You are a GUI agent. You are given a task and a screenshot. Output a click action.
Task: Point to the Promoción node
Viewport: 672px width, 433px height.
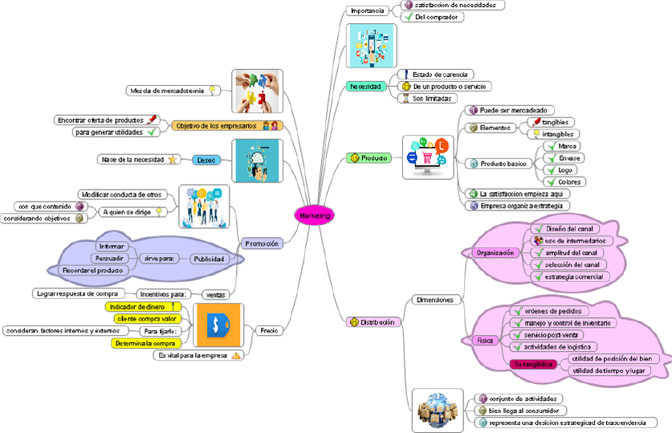[x=262, y=243]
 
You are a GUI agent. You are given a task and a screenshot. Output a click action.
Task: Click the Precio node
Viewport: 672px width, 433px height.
[x=268, y=329]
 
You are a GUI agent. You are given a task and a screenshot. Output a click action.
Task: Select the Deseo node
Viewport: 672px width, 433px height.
[x=206, y=160]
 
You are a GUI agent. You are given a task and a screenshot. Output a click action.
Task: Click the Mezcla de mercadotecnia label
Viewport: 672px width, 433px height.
[x=166, y=91]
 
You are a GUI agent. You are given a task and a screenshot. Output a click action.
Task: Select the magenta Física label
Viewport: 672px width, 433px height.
[x=487, y=340]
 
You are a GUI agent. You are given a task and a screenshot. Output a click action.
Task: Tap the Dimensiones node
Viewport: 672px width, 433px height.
[x=434, y=300]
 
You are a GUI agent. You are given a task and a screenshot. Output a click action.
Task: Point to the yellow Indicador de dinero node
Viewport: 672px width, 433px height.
[x=140, y=307]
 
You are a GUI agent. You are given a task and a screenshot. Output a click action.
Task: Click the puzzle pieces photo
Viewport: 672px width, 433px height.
[x=256, y=91]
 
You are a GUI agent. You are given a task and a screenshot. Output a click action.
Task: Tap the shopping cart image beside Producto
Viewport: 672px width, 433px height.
[x=428, y=157]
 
